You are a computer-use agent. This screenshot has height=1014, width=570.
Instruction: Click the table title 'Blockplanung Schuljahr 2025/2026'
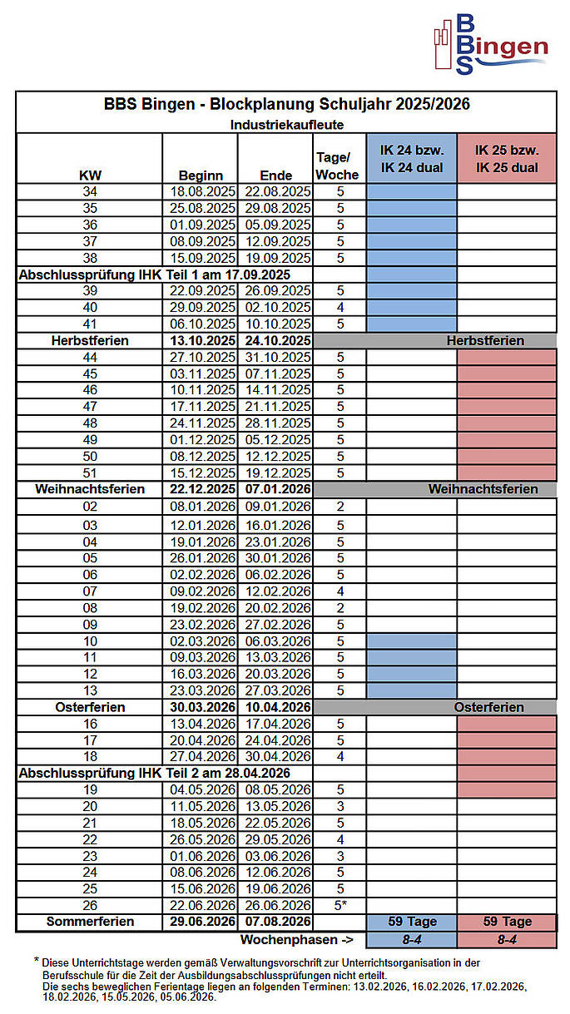point(286,104)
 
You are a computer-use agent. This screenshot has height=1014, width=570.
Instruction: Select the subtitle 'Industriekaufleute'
point(286,124)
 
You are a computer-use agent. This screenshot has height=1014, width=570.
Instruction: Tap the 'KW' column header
point(89,175)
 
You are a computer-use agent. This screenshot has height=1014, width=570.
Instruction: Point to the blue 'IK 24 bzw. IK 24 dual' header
point(412,159)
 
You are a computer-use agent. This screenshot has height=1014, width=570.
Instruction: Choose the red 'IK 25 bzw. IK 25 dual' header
point(507,159)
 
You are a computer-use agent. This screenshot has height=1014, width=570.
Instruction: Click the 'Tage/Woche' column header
point(338,166)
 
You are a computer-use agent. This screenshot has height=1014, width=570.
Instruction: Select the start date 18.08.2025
point(201,191)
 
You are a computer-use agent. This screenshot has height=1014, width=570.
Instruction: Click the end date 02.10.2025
point(276,307)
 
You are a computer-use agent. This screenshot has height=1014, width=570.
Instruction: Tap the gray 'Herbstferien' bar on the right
point(484,340)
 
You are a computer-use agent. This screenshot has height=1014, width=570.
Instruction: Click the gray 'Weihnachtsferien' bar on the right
point(483,489)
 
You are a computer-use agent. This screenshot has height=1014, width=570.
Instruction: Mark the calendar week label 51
point(90,472)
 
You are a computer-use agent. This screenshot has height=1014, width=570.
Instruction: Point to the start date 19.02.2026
point(201,607)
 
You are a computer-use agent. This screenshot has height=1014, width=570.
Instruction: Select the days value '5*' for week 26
point(340,905)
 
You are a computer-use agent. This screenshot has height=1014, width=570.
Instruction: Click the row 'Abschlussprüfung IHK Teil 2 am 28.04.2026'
point(154,773)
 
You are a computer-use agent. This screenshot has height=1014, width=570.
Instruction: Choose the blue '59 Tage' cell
point(412,922)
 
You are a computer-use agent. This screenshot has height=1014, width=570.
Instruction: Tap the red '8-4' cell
point(507,939)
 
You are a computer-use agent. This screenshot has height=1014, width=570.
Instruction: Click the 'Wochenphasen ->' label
point(296,939)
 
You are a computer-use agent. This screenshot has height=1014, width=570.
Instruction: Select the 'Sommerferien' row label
point(90,922)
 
